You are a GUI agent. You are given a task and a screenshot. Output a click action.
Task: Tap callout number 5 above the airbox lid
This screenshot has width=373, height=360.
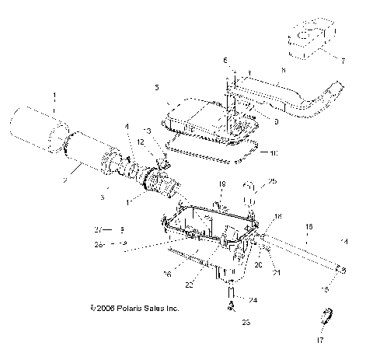(x=156, y=87)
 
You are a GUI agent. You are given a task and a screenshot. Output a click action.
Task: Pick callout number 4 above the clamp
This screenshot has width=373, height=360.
(x=126, y=126)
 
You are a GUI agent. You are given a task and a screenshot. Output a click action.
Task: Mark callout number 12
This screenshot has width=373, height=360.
(x=141, y=142)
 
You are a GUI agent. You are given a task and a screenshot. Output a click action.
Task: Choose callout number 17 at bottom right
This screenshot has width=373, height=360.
(x=320, y=340)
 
